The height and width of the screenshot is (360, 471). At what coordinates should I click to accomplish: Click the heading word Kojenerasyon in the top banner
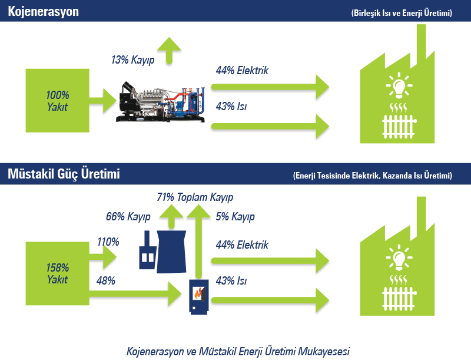[x=43, y=12]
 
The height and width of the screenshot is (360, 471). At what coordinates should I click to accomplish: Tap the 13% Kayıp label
[x=133, y=60]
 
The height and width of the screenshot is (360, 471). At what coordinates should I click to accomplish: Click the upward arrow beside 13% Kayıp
[x=169, y=51]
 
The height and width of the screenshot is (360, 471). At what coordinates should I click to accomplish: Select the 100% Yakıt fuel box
[x=57, y=101]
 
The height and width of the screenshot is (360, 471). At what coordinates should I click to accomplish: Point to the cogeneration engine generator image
[x=160, y=101]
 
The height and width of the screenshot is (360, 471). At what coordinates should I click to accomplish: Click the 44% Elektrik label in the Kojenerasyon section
[x=242, y=70]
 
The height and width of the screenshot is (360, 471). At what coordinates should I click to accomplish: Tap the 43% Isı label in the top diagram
[x=231, y=106]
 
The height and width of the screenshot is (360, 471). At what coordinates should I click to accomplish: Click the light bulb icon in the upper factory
[x=399, y=85]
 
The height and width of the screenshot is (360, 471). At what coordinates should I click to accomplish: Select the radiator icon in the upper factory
[x=399, y=127]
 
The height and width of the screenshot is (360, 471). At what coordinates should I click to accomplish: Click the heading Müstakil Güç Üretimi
[x=64, y=174]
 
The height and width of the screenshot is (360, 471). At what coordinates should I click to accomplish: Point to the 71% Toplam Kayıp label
[x=195, y=197]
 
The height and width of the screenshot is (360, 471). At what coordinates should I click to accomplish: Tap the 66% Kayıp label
[x=128, y=216]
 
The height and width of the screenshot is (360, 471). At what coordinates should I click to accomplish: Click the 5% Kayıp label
[x=235, y=216]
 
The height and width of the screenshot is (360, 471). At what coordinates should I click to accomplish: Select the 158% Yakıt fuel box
[x=57, y=273]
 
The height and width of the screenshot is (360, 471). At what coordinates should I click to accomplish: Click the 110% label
[x=108, y=242]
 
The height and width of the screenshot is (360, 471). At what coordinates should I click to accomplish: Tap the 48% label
[x=106, y=280]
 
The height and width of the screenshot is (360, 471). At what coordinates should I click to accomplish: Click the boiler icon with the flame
[x=198, y=297]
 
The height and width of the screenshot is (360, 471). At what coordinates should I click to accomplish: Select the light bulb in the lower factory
[x=399, y=258]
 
